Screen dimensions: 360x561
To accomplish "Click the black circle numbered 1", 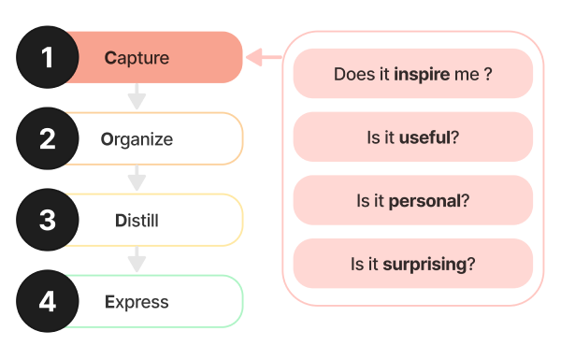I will (48, 58).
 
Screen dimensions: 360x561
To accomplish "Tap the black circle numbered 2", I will (48, 139).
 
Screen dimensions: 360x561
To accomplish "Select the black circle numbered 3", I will (48, 221).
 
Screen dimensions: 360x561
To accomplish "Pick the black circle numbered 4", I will (48, 302).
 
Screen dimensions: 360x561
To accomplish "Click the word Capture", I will (137, 58).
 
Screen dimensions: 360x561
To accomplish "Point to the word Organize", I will (137, 139).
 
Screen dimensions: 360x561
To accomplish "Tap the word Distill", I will (137, 221).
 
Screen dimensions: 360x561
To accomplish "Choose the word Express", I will (137, 302).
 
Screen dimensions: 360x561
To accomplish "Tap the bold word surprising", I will (424, 264).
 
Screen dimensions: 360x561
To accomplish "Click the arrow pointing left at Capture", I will (262, 58).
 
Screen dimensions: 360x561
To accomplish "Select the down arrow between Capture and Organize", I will (137, 95).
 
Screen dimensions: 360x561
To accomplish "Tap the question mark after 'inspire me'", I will (488, 74).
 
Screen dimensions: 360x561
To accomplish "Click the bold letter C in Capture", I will (109, 58).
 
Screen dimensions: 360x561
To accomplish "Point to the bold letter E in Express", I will (109, 302).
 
